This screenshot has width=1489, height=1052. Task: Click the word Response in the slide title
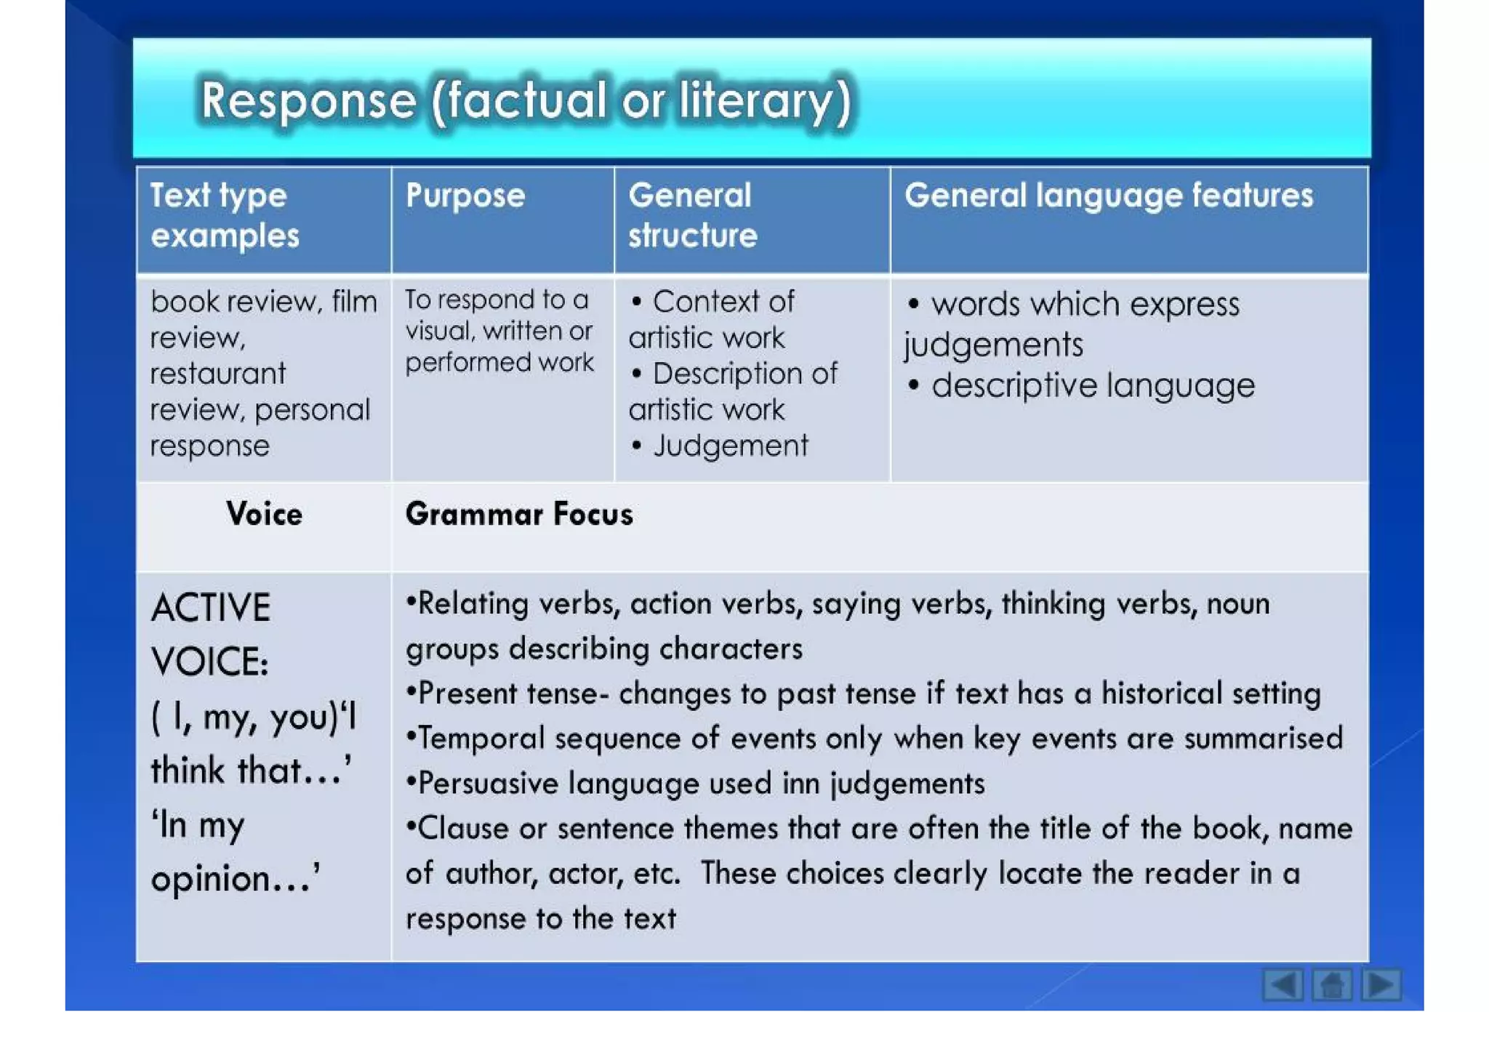[x=308, y=100]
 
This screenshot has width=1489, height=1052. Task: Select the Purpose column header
[x=465, y=196]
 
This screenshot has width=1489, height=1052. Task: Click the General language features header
[x=1109, y=196]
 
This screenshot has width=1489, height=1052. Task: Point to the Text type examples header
[x=225, y=215]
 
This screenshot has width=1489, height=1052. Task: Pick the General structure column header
[x=692, y=215]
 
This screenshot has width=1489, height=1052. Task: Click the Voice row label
[x=264, y=514]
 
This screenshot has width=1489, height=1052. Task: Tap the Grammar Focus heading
[x=519, y=514]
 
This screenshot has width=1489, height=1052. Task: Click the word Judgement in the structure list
[x=730, y=446]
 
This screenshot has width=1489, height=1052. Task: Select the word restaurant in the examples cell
[x=218, y=374]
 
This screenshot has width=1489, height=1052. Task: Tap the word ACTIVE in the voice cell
[x=211, y=608]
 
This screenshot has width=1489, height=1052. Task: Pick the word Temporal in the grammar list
[x=481, y=739]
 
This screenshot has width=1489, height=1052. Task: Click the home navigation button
[x=1332, y=985]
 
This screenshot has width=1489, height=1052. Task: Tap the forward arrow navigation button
[x=1381, y=985]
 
